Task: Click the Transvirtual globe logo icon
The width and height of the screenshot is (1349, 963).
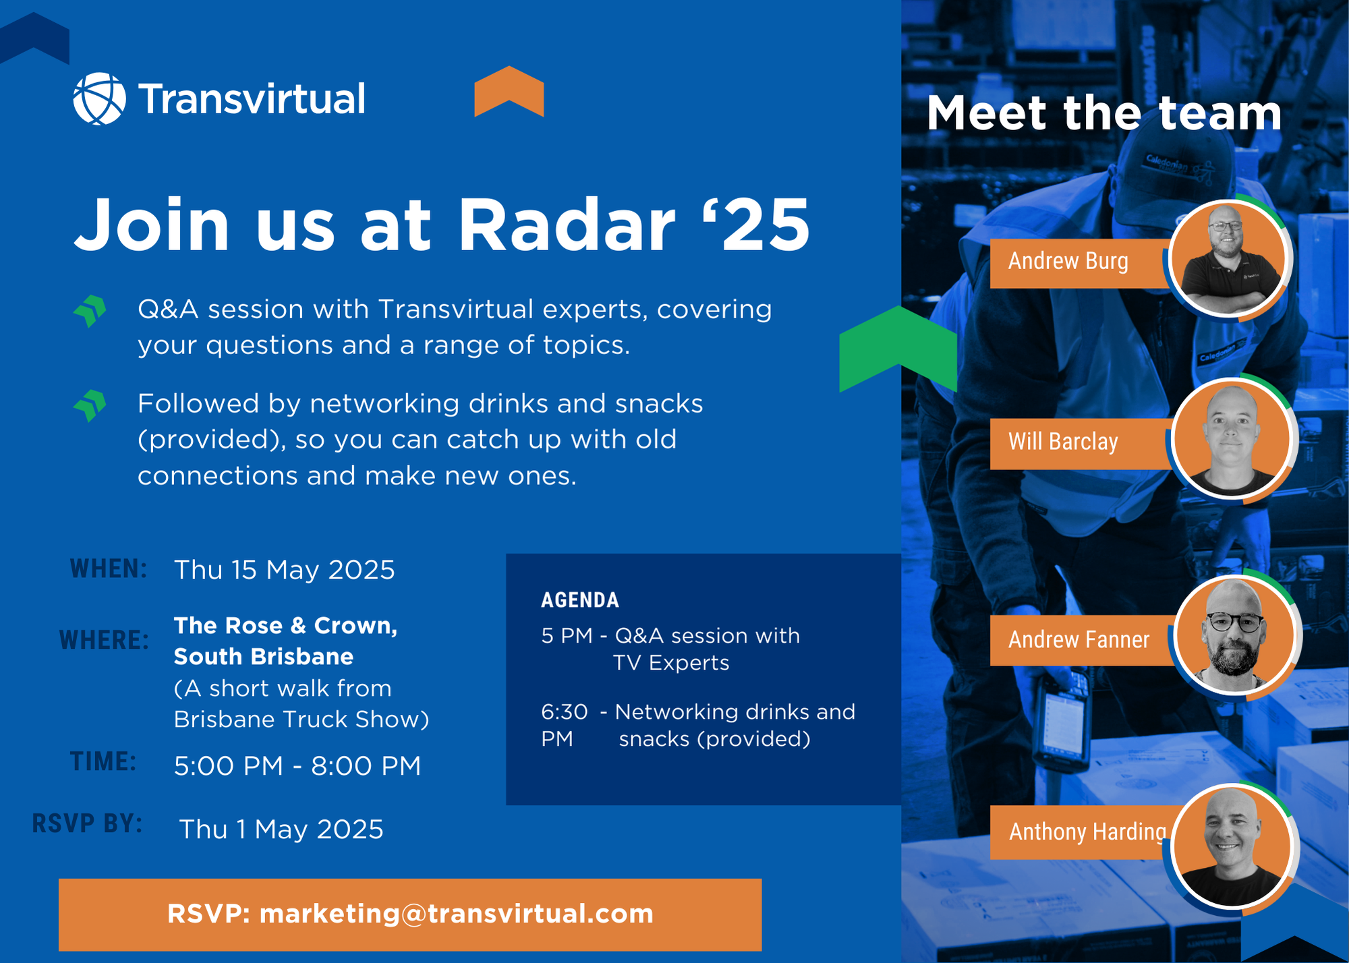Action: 99,98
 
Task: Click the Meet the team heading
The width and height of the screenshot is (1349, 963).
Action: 1104,113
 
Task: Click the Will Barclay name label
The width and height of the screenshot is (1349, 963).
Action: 1063,442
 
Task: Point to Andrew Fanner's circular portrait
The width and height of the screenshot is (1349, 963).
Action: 1234,635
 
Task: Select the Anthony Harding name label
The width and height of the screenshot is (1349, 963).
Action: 1087,832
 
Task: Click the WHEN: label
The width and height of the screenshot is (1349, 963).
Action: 109,569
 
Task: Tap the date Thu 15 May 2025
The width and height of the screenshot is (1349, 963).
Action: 284,571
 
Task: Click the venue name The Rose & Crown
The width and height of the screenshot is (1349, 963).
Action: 285,626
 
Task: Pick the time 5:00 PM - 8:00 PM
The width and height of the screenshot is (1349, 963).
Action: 297,766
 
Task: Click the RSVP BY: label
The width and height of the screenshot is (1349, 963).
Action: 87,823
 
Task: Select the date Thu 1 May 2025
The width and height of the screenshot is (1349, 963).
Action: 281,829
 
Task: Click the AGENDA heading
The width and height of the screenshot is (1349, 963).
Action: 580,600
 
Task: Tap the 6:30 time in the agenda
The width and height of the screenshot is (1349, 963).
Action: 565,712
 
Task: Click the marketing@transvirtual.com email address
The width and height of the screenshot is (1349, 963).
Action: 457,914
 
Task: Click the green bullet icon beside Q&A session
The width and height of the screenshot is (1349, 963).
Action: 90,311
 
